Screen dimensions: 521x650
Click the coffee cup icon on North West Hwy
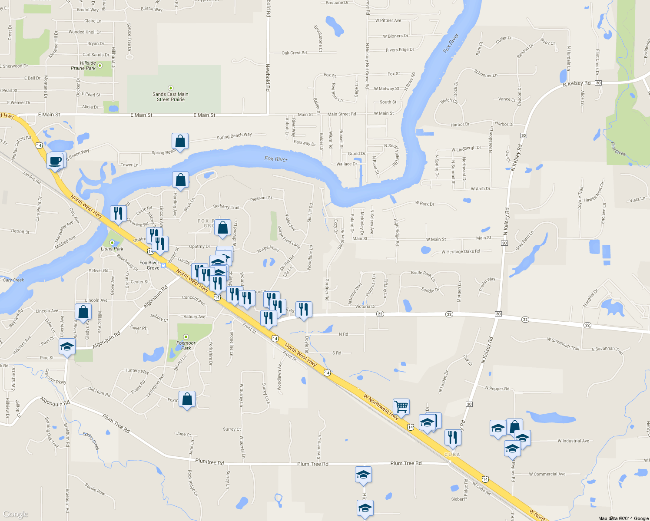[55, 161]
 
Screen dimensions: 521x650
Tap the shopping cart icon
[401, 407]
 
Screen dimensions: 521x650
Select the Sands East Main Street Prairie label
[170, 96]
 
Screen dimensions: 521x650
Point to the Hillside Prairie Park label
[83, 66]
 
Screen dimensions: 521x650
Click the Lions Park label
[112, 249]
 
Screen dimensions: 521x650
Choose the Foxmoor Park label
[186, 345]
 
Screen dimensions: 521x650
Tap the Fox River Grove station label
[149, 265]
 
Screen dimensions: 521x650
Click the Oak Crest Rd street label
[294, 53]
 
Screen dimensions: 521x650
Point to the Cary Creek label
[13, 280]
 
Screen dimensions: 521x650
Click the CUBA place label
[452, 455]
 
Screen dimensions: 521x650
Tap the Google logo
[15, 514]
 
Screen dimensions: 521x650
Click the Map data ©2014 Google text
[623, 518]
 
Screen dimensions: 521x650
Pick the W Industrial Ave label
[573, 441]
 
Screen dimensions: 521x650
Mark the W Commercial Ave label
[547, 474]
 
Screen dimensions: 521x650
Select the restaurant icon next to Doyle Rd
[304, 310]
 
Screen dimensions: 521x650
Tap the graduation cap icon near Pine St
[67, 346]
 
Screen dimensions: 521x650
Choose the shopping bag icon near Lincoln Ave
[83, 312]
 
